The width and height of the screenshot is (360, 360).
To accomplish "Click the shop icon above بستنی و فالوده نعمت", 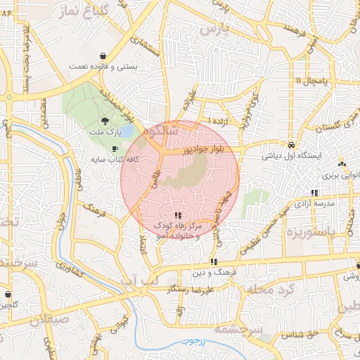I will (x=103, y=55).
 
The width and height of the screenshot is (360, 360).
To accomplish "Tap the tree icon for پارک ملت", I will (x=105, y=120).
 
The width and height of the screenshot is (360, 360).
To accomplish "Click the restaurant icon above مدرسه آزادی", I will (x=314, y=192).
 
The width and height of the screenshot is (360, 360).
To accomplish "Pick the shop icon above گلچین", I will (x=8, y=295).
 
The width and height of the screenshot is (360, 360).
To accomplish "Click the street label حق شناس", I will (x=301, y=334).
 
